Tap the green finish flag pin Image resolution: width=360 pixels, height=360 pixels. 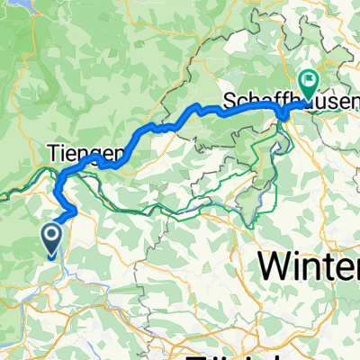[308, 85]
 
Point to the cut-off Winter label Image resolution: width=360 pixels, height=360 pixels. [310, 265]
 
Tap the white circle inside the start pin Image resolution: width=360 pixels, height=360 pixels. [51, 237]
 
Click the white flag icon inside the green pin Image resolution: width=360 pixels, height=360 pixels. [308, 82]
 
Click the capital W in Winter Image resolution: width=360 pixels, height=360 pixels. [275, 265]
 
